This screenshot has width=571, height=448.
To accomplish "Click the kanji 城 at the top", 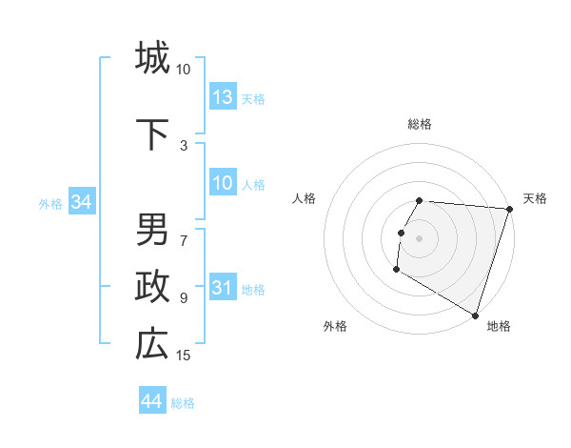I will [152, 57].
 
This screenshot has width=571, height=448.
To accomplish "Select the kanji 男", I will [152, 230].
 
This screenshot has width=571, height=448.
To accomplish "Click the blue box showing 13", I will [223, 97].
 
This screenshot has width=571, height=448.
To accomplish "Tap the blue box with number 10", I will [223, 183].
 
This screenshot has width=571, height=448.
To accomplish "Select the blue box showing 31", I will [223, 288].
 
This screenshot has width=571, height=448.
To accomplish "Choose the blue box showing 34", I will [81, 202].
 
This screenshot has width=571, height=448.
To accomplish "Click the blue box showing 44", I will [152, 401].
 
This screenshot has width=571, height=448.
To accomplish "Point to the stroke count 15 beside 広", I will [184, 356].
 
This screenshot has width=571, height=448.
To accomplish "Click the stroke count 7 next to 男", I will [184, 231].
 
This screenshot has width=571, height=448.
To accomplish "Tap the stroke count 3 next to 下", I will [184, 145].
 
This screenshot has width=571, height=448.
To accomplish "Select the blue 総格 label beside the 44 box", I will [183, 403].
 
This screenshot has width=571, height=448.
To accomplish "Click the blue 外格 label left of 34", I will [50, 203].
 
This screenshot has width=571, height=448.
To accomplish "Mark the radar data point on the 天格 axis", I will [509, 210].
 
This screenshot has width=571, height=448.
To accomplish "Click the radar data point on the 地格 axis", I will [474, 315].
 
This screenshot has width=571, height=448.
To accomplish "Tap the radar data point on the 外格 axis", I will [396, 270].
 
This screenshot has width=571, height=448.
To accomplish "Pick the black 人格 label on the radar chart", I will [305, 198].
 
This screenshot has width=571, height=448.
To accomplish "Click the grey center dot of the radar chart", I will [419, 238].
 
